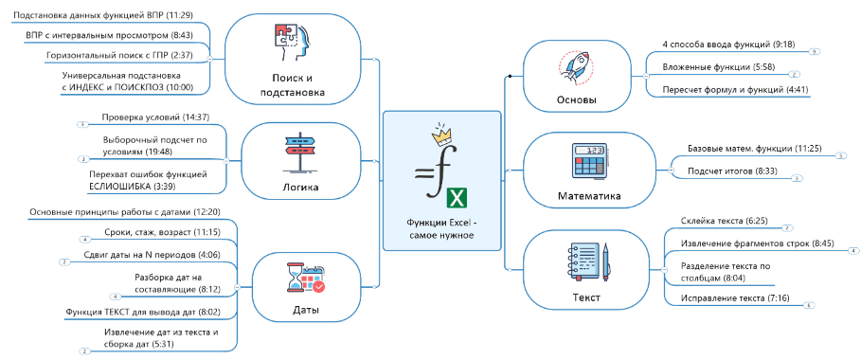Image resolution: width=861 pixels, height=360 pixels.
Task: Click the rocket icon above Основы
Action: [x=576, y=69]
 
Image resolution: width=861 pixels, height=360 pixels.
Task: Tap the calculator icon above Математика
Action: [x=590, y=160]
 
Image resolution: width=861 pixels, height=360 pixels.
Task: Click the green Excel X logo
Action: [x=457, y=198]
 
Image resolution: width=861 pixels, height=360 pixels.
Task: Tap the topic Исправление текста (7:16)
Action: [x=727, y=298]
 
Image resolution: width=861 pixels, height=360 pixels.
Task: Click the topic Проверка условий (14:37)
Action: [x=155, y=117]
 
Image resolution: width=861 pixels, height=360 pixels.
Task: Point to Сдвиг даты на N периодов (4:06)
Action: [x=152, y=255]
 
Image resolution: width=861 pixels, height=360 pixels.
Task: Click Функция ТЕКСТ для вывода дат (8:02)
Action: [x=143, y=312]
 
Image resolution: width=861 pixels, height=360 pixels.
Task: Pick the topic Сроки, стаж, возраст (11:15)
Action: [x=162, y=232]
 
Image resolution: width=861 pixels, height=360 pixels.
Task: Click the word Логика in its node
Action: [x=299, y=188]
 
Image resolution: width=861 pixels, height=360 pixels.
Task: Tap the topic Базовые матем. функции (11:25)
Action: [x=755, y=149]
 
